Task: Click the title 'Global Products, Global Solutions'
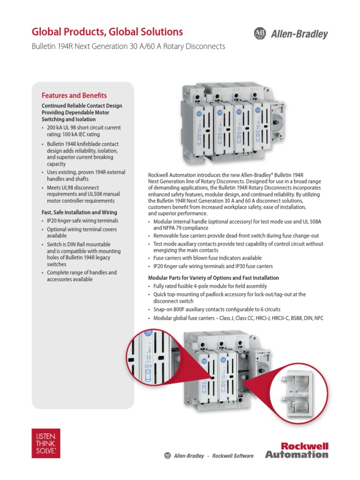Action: (107, 32)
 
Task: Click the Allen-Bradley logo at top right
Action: (291, 34)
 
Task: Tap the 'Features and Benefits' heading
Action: (74, 95)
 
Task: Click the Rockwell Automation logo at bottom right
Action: (297, 450)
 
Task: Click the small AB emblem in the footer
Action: (168, 456)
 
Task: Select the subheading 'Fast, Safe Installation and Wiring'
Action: (80, 212)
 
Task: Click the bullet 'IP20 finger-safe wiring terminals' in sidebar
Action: (82, 221)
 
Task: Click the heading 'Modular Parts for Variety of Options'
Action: (213, 278)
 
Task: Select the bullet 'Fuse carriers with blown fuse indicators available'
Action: (207, 258)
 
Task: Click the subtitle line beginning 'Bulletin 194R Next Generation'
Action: (128, 46)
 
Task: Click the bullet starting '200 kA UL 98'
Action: (82, 131)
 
